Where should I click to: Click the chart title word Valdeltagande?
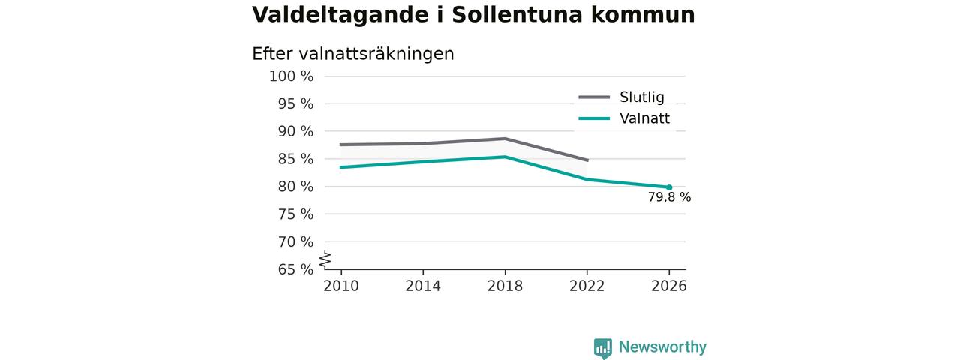point(340,16)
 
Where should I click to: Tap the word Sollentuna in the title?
point(517,14)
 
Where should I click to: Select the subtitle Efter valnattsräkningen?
point(353,55)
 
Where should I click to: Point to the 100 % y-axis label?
point(292,76)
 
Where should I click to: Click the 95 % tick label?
point(295,103)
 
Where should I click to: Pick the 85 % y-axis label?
point(295,159)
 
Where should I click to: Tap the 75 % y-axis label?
point(295,214)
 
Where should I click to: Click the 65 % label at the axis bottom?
point(295,269)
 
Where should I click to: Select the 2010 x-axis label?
point(341,286)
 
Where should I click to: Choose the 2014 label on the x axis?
point(423,286)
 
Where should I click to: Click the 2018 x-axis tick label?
point(505,286)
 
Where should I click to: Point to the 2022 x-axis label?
point(586,286)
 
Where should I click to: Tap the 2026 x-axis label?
point(668,286)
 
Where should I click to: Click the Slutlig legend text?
point(641,97)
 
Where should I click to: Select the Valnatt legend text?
point(644,118)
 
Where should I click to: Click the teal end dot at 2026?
point(669,187)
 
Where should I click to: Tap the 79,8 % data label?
point(669,197)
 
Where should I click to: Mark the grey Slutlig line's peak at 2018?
point(505,139)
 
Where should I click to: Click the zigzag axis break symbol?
point(325,259)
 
